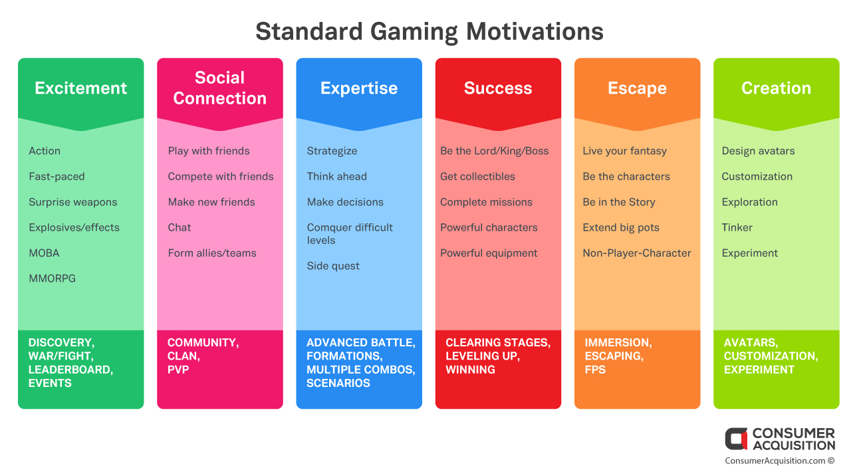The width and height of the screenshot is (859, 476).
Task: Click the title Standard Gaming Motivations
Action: pos(429,31)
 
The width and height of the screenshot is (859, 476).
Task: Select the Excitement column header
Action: pos(81,88)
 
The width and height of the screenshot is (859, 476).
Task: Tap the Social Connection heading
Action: pos(219,88)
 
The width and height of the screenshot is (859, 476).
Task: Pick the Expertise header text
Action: pos(359,88)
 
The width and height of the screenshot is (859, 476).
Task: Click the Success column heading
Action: pos(498,88)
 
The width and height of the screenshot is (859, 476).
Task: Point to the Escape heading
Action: pos(638,88)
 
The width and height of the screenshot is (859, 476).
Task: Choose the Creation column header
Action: pos(776,88)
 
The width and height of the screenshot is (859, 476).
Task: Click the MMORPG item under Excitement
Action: pos(52,279)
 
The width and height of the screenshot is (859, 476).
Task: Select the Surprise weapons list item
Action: pos(73,203)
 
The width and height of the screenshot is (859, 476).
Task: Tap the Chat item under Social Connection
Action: pos(179,227)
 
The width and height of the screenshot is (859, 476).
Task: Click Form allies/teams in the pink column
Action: pos(212,253)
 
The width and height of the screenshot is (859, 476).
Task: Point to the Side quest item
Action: pos(333,266)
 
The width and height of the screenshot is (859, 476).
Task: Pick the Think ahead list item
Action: pos(336,176)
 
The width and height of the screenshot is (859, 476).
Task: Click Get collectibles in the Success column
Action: pos(477,176)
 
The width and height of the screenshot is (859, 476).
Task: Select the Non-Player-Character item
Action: pos(637,253)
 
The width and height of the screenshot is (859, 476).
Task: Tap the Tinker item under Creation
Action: pos(737,227)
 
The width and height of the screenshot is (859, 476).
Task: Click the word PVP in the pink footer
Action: pos(178,370)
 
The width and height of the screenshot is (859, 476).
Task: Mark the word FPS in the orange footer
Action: pos(595,370)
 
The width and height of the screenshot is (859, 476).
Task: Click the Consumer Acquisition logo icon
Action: pos(736,439)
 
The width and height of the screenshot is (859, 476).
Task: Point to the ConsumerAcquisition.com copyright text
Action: pos(780,461)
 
